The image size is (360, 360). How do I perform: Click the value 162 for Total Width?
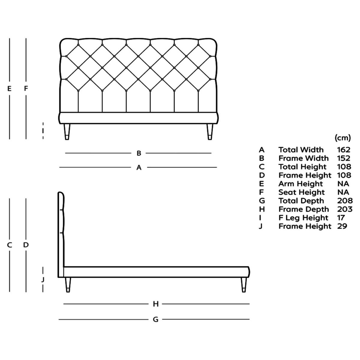343,150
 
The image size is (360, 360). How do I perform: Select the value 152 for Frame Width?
343,158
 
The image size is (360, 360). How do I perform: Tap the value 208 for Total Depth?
344,201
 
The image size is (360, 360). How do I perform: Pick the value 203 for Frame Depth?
344,209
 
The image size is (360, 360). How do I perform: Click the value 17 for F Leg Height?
341,217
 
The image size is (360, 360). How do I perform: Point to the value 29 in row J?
342,226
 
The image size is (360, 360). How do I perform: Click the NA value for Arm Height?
343,184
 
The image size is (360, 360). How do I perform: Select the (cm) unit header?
343,138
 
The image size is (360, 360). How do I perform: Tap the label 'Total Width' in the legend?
301,150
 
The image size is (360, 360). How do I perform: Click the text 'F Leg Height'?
303,217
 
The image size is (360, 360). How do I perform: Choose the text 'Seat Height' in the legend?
301,192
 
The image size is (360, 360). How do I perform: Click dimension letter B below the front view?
139,153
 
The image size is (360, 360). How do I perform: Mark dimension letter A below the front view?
139,167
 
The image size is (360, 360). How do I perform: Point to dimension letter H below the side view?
155,304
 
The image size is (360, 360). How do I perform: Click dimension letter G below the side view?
155,319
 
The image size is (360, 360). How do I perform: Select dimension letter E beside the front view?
10,88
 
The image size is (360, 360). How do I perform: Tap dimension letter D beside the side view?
26,245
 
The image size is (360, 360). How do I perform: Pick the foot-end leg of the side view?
244,284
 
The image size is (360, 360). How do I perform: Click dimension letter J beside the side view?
43,280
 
